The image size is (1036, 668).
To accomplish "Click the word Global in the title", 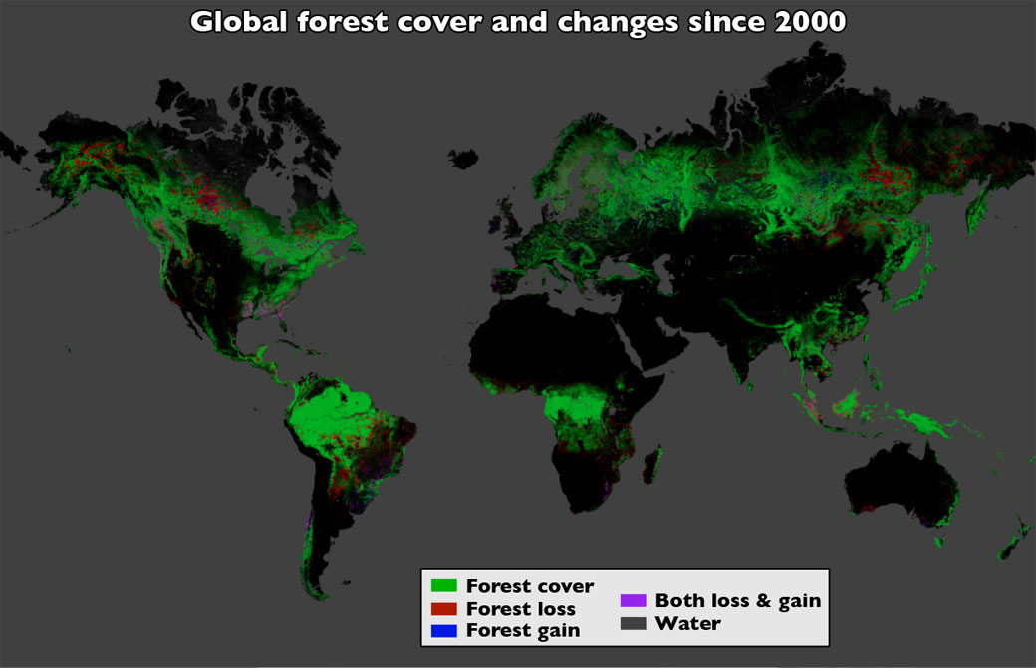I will pos(235,22).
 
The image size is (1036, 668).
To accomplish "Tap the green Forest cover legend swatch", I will pos(443,586).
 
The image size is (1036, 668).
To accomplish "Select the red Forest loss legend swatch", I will pos(443,608).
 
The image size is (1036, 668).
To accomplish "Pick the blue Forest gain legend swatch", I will pos(443,630).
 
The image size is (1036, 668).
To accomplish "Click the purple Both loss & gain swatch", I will pos(633,600).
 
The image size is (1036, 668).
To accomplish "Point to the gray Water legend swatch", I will pos(633,623).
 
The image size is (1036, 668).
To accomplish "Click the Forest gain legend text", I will pos(522,630).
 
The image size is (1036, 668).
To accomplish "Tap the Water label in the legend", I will pos(687,623).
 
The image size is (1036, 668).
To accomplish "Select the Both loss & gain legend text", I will pos(737,600).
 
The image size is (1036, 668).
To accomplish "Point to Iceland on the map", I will pos(463,159).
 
